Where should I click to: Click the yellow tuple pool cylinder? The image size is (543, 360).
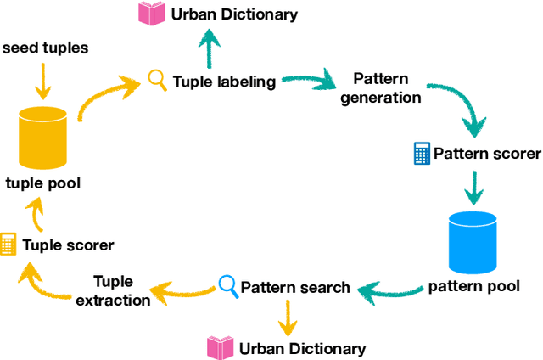pyautogui.click(x=43, y=138)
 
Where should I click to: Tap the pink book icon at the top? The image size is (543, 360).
pyautogui.click(x=152, y=14)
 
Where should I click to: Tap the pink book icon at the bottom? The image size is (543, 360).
pyautogui.click(x=221, y=347)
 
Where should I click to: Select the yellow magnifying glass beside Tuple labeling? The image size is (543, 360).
pyautogui.click(x=157, y=81)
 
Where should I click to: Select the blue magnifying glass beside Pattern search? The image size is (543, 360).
pyautogui.click(x=227, y=285)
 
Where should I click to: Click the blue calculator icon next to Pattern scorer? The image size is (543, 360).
pyautogui.click(x=420, y=154)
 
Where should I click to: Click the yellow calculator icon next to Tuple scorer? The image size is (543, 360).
pyautogui.click(x=9, y=245)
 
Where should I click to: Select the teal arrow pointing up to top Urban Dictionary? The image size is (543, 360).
pyautogui.click(x=208, y=48)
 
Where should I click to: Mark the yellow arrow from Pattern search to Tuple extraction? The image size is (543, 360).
pyautogui.click(x=183, y=291)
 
